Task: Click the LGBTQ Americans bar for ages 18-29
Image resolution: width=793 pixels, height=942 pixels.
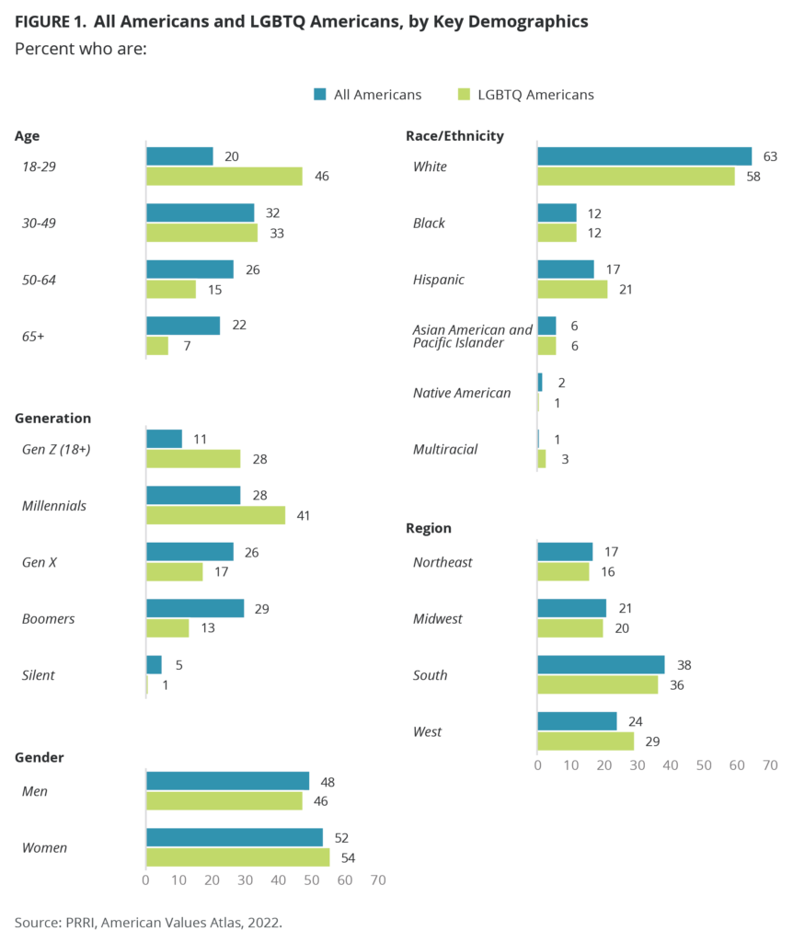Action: tap(224, 177)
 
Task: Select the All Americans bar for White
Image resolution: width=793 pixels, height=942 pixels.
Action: tap(644, 156)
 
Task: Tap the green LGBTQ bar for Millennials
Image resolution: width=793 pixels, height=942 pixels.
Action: tap(215, 515)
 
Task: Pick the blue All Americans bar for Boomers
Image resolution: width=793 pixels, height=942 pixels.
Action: tap(195, 609)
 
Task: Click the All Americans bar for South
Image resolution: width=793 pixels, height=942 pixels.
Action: tap(601, 665)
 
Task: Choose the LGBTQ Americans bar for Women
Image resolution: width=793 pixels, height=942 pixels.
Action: tap(237, 857)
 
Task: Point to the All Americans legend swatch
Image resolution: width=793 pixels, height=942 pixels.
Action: tap(320, 94)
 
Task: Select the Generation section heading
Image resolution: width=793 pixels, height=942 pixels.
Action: tap(52, 418)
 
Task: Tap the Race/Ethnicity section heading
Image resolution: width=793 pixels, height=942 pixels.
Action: tap(454, 136)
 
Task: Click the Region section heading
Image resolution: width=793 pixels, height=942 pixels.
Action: tap(428, 528)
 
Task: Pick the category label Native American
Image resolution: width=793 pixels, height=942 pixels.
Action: tap(462, 393)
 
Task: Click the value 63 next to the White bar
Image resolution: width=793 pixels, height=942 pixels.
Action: tap(769, 156)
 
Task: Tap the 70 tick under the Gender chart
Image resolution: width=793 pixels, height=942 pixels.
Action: tap(377, 880)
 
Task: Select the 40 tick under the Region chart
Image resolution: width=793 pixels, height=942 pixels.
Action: tap(670, 764)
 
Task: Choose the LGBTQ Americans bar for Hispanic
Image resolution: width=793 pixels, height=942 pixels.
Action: tap(572, 289)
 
